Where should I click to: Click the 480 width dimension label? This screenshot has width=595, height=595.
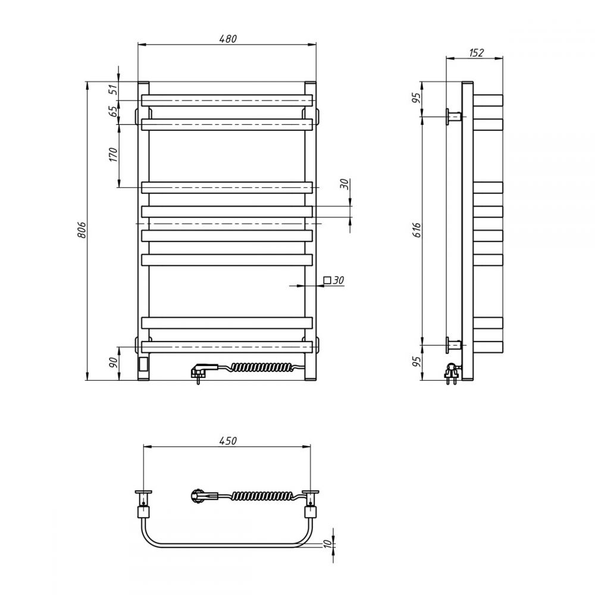coord(228,39)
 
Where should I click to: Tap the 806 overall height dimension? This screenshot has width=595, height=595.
coord(82,230)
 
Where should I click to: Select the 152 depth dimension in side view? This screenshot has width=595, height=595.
coord(476,53)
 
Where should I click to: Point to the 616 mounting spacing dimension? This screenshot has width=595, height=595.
coord(417,230)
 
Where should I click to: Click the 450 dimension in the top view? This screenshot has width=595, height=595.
coord(228,440)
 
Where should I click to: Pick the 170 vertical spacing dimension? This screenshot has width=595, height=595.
coord(114,155)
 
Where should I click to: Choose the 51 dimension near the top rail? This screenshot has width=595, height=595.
coord(113,90)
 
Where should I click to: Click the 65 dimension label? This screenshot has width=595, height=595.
coord(113,111)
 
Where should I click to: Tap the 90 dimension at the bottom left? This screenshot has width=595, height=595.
coord(113,363)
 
